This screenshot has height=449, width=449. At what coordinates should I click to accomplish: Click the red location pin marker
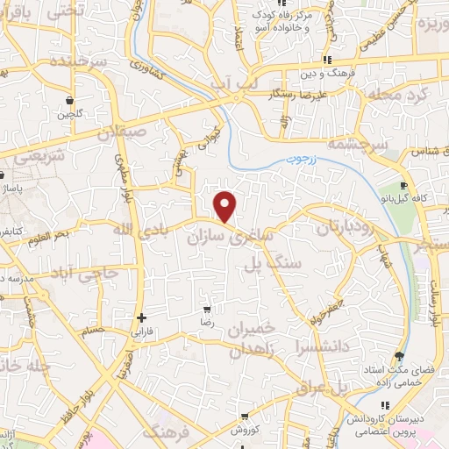pyautogui.click(x=225, y=206)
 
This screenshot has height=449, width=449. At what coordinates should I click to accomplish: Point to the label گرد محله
pyautogui.click(x=403, y=94)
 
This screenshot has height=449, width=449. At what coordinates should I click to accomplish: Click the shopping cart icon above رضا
pyautogui.click(x=207, y=310)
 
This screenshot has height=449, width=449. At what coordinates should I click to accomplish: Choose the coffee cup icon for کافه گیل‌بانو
pyautogui.click(x=403, y=186)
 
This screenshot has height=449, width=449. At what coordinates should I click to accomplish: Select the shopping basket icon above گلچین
pyautogui.click(x=69, y=99)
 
